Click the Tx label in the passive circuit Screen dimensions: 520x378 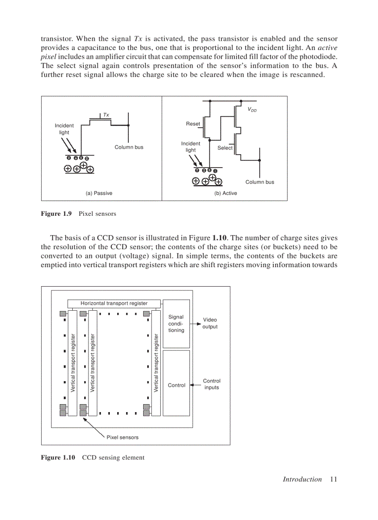106,114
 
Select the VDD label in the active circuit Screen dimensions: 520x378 252,110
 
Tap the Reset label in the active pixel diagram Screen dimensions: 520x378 193,124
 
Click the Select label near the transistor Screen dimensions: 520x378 225,148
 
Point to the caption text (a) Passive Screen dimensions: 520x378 99,193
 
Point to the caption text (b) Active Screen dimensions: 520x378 226,193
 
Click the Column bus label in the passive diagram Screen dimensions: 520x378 129,147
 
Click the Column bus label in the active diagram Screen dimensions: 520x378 259,182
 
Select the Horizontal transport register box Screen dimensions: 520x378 114,303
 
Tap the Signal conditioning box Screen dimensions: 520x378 176,324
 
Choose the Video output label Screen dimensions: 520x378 210,323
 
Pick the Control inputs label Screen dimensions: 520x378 212,384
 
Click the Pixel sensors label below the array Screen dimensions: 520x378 122,437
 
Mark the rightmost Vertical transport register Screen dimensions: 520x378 156,363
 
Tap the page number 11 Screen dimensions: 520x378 334,479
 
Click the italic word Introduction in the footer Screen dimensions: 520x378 302,479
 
